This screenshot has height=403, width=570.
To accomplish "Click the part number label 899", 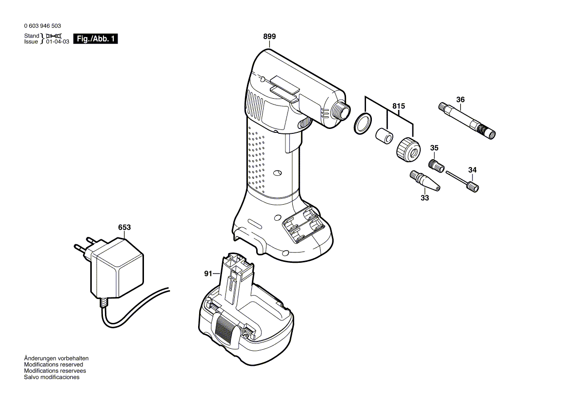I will (269, 37).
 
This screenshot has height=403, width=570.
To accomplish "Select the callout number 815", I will (399, 106).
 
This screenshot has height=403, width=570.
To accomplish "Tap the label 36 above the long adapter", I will (460, 100).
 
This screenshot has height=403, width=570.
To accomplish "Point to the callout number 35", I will (434, 148).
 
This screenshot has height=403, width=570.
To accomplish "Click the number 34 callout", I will (472, 170).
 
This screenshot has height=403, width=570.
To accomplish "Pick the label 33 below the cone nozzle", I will (425, 198).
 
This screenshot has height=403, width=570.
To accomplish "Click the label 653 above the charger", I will (124, 227).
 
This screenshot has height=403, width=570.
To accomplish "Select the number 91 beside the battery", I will (208, 274).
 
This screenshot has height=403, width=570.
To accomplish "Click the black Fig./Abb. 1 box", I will (95, 39).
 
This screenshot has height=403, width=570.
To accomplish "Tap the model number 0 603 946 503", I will (42, 26).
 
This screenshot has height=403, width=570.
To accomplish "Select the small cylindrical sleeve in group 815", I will (383, 135).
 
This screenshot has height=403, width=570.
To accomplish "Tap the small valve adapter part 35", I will (436, 165).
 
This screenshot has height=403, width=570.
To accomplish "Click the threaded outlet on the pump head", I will (341, 111).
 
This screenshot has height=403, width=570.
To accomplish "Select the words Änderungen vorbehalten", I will (57, 359).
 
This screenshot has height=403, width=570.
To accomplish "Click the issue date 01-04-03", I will (58, 42).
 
